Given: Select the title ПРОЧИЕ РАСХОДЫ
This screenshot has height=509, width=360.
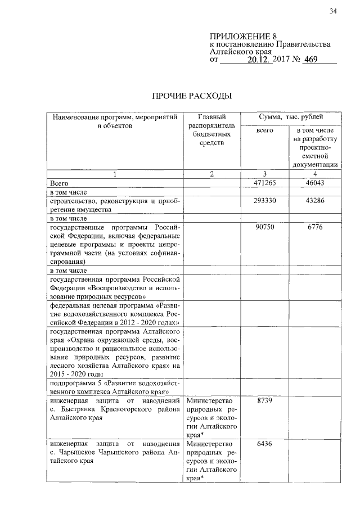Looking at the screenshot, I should [x=192, y=96].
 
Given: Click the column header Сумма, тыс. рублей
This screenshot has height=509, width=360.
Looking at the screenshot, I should [x=291, y=116].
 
